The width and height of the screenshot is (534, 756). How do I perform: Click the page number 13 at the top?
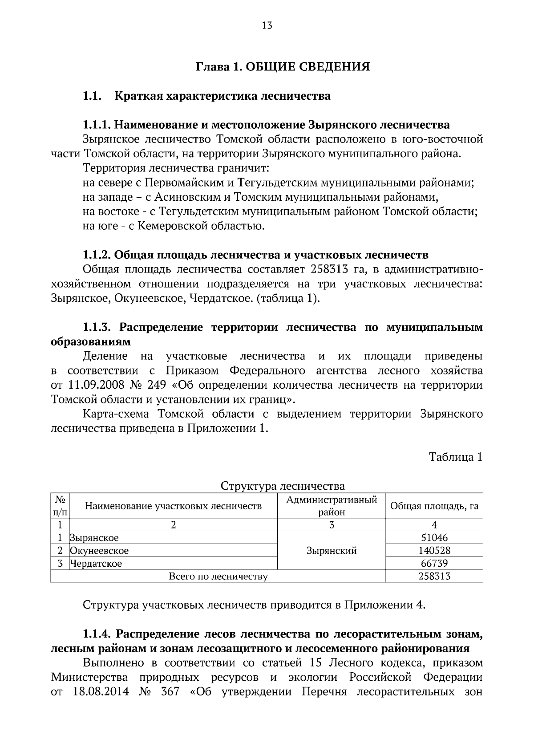tap(267, 25)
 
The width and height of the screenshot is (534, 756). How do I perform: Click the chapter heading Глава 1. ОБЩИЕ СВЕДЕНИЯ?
tap(283, 67)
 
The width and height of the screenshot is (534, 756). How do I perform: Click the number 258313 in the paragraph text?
tap(335, 269)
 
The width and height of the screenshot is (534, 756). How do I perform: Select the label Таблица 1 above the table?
tap(455, 457)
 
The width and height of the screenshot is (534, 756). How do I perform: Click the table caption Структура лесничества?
tap(283, 485)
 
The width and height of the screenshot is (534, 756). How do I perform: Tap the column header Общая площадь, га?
tap(434, 506)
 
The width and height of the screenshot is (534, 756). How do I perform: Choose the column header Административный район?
tap(332, 506)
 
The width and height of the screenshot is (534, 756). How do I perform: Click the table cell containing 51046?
tap(434, 538)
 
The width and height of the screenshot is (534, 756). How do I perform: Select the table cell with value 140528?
tap(434, 551)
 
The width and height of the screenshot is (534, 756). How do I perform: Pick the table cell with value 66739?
tap(434, 564)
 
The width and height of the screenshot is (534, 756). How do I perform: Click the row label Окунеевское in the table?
tap(99, 551)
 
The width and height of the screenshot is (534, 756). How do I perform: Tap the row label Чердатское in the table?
tap(96, 564)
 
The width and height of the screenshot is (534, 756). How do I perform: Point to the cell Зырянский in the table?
tap(332, 551)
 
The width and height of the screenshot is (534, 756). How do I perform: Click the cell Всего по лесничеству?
tap(218, 577)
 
